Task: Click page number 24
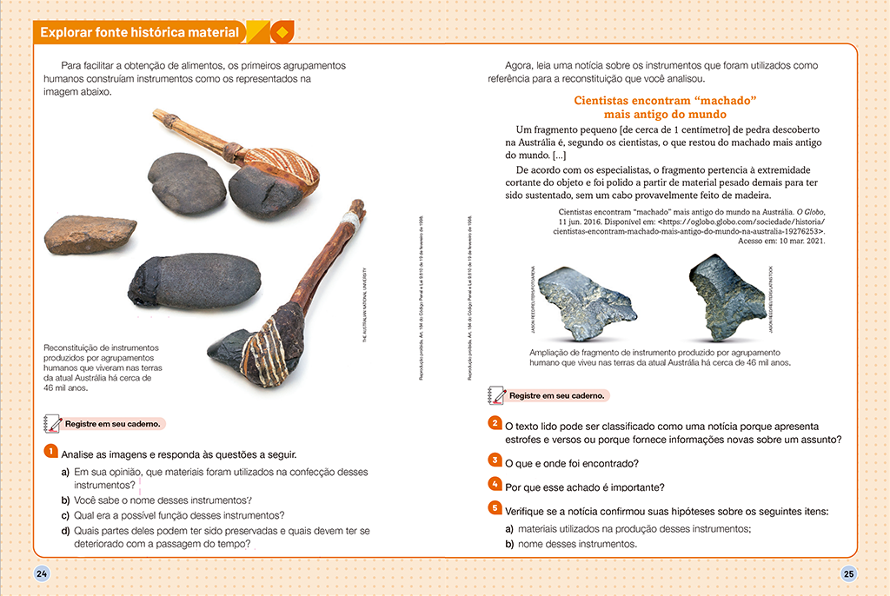pyautogui.click(x=41, y=573)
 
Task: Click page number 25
pyautogui.click(x=848, y=573)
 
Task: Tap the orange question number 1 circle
pyautogui.click(x=50, y=452)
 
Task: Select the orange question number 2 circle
pyautogui.click(x=494, y=424)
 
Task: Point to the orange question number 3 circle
pyautogui.click(x=494, y=460)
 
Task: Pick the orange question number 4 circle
pyautogui.click(x=494, y=484)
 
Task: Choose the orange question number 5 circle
pyautogui.click(x=494, y=508)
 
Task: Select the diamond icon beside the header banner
pyautogui.click(x=281, y=33)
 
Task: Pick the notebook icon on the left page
pyautogui.click(x=51, y=424)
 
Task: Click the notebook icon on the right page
pyautogui.click(x=497, y=395)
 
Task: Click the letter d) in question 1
pyautogui.click(x=65, y=531)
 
